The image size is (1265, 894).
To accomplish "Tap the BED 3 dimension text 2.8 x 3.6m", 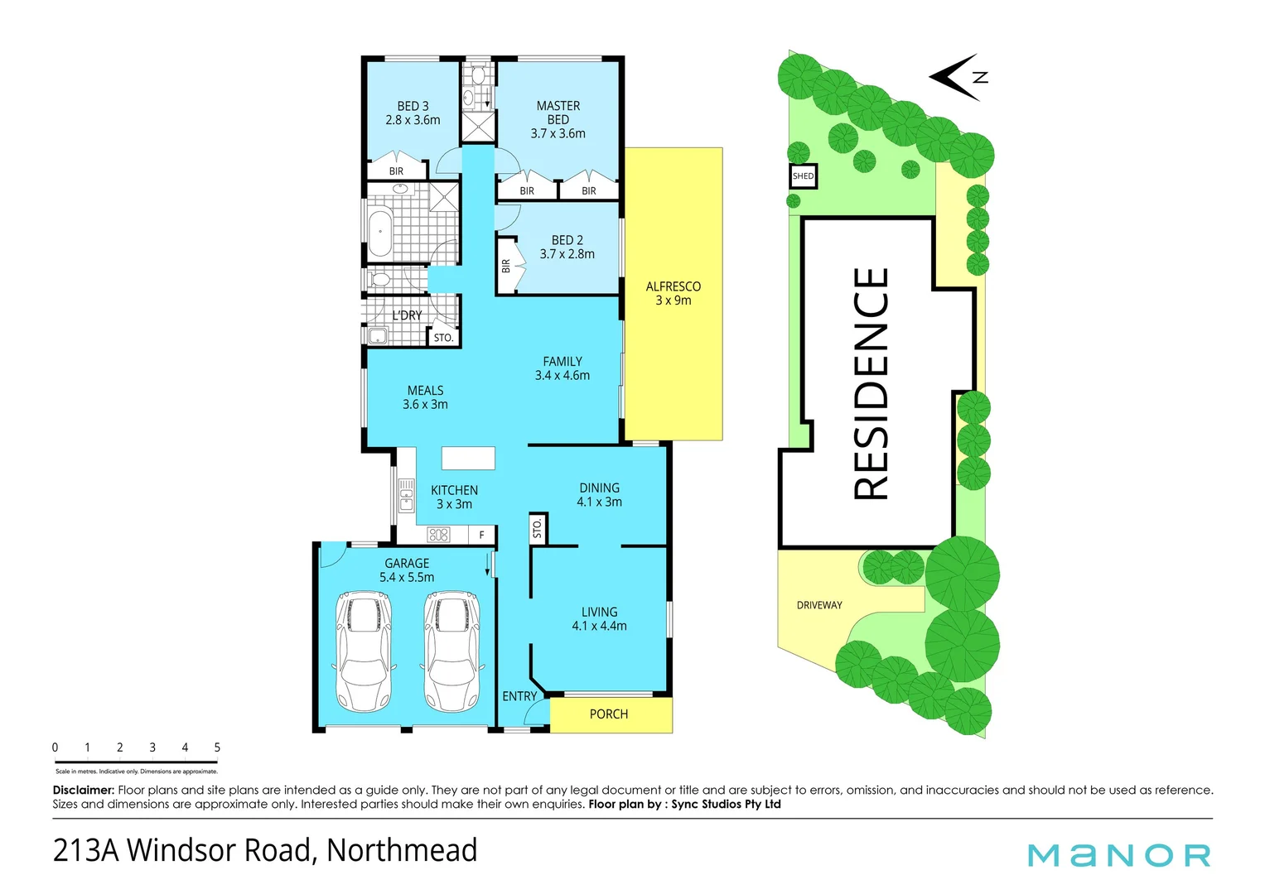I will [413, 120].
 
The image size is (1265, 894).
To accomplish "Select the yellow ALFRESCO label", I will [673, 286].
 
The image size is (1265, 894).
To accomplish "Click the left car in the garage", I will [364, 651].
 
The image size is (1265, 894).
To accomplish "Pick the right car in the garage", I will [451, 651].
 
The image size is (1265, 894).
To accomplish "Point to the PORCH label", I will [608, 714].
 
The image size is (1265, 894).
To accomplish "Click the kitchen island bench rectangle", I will [468, 458].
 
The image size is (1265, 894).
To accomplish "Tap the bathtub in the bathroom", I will [380, 233].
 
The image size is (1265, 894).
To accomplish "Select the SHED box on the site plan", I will [803, 176].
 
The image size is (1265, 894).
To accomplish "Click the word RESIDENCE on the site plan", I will [871, 383].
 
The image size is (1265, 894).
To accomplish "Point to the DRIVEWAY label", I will [818, 605].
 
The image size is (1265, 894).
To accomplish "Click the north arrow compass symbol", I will [958, 77].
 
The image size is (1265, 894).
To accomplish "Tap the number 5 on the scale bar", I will [217, 747].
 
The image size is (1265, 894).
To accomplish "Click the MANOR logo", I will [1118, 855].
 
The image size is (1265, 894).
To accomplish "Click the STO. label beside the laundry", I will [443, 338].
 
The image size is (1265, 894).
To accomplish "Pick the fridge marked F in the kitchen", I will [481, 536].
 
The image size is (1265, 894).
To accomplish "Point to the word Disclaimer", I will [83, 790].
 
